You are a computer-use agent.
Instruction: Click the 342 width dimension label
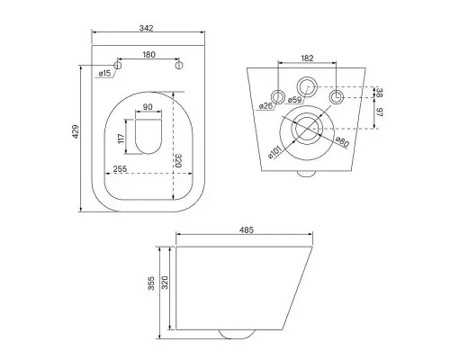(147, 28)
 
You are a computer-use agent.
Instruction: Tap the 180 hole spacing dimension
(148, 55)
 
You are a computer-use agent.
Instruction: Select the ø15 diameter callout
(104, 73)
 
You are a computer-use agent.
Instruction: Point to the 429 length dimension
(76, 131)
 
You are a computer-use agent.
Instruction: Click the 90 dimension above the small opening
(148, 107)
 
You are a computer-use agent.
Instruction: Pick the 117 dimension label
(121, 139)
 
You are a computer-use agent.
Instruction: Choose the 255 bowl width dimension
(120, 169)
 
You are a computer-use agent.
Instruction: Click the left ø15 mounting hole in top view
(118, 66)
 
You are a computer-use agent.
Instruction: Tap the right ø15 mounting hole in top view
(179, 66)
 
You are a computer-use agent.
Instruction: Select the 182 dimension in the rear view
(307, 58)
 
